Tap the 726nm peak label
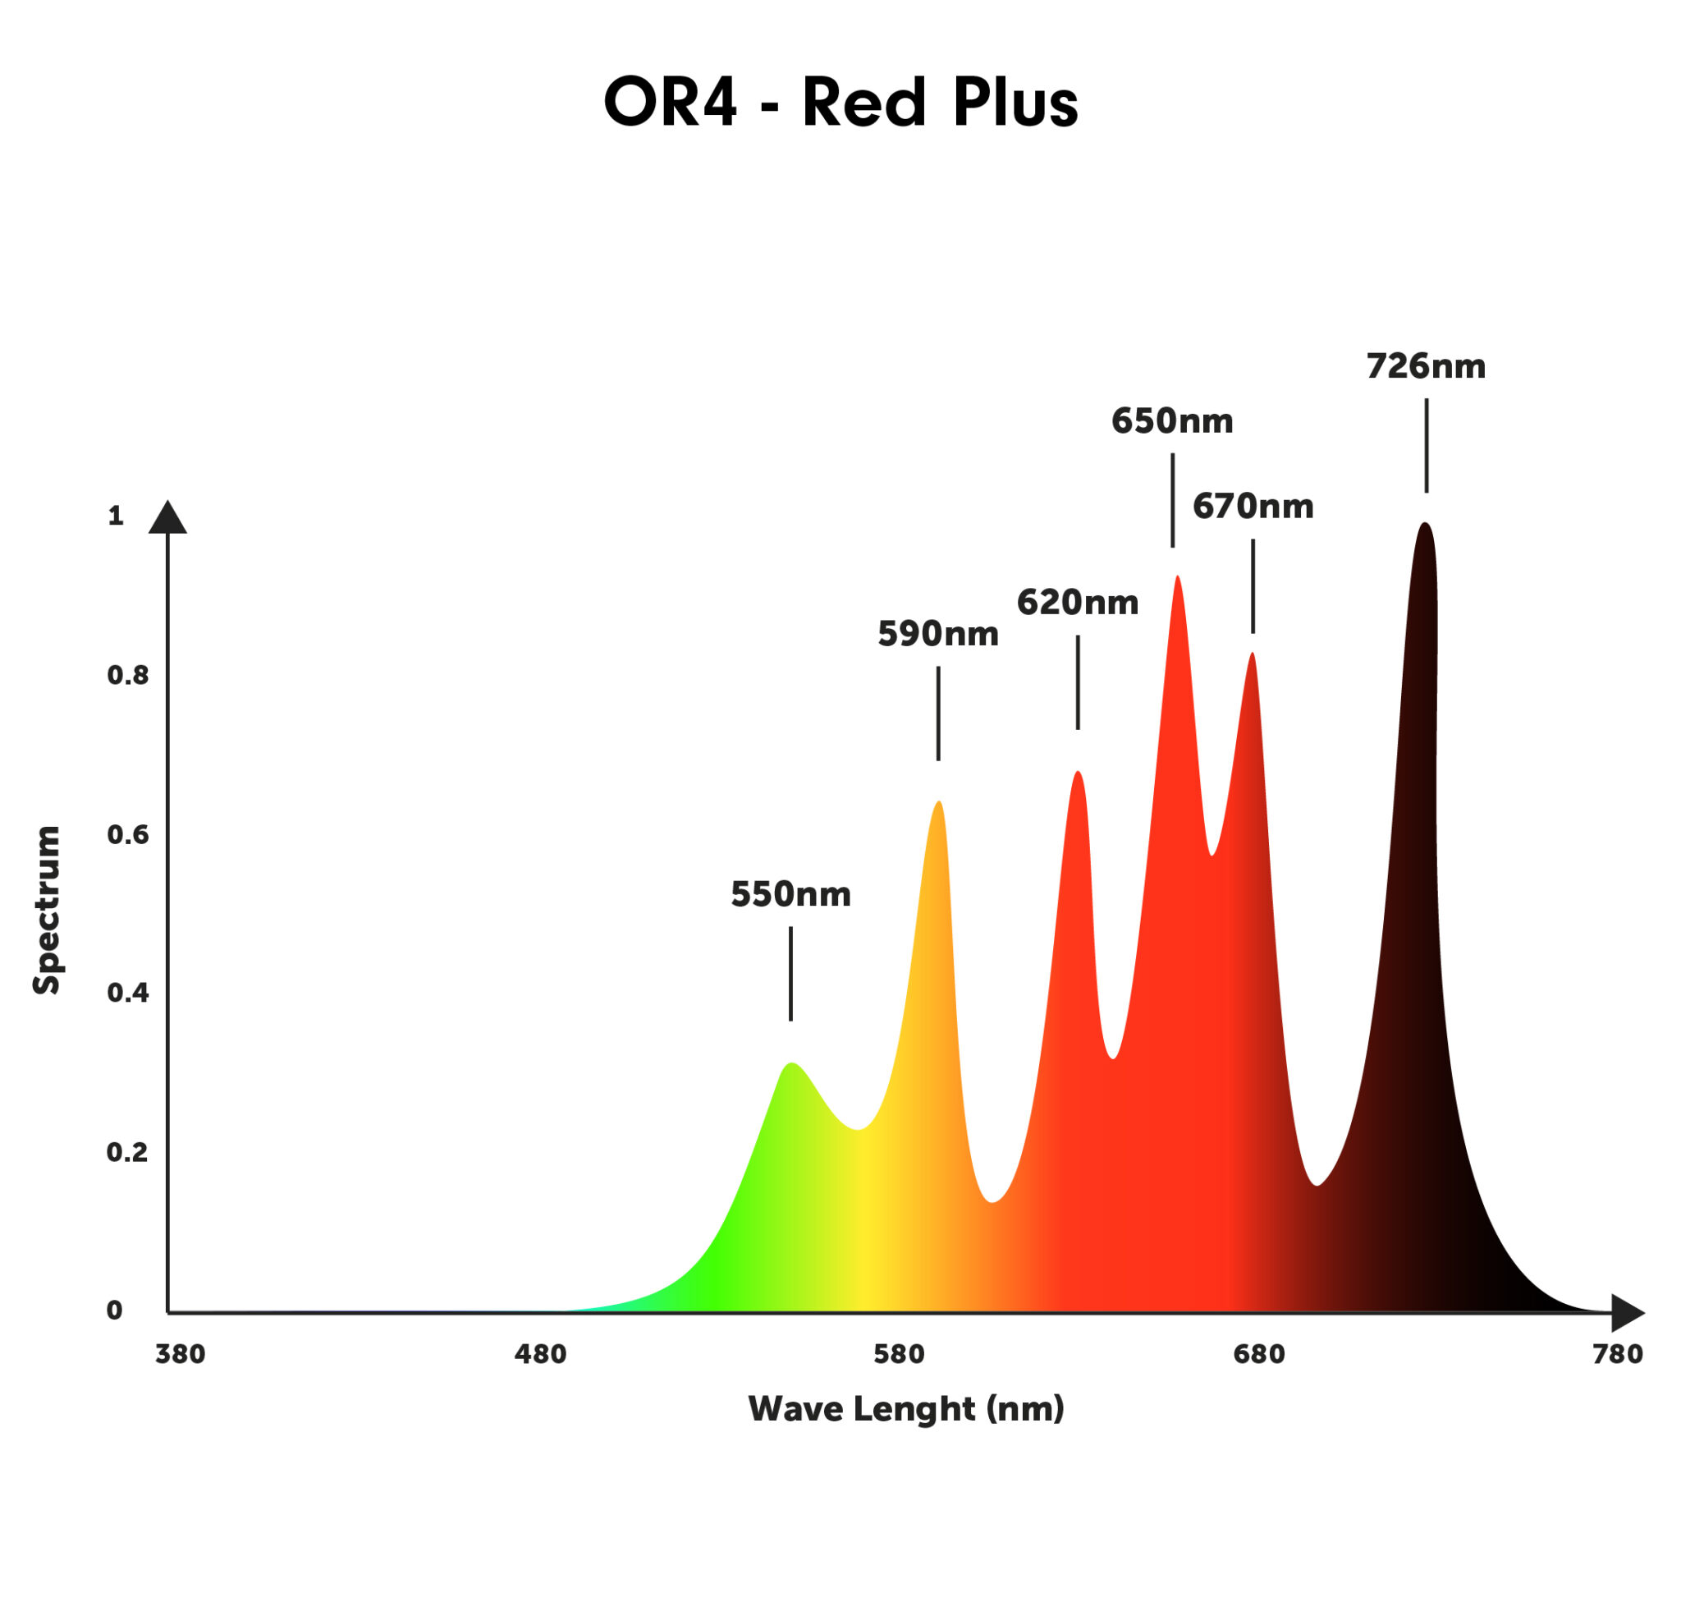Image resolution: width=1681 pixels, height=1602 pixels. point(1425,366)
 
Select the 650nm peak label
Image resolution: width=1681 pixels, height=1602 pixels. point(1171,421)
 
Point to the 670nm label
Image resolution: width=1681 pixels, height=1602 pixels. point(1253,507)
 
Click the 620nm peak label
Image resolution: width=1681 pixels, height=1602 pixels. point(1077,603)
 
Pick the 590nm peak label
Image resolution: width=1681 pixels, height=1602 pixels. point(937,634)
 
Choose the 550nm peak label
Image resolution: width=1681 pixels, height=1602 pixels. point(790,894)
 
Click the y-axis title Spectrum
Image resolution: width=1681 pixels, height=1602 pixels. point(46,911)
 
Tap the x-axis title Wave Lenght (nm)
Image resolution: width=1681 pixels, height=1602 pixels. point(906,1407)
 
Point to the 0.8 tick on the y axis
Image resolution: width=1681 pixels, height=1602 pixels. point(127,676)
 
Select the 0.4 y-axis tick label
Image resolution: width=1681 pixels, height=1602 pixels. point(127,992)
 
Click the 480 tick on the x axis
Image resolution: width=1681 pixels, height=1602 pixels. point(539,1353)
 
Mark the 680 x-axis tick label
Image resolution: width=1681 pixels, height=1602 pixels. point(1258,1353)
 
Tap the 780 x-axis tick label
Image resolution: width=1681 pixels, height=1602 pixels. point(1617,1353)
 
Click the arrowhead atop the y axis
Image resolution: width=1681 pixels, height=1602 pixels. point(167,518)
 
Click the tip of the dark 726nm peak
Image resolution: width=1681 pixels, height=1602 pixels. point(1424,526)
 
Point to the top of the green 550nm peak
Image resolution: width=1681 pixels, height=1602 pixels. point(791,1065)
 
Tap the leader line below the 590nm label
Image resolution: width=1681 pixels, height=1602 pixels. point(938,713)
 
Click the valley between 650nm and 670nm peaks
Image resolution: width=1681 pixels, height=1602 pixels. point(1212,853)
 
